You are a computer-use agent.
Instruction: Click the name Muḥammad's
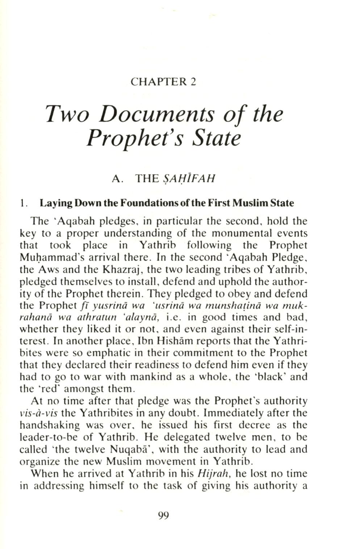55,257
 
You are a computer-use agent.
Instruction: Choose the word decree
253,425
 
